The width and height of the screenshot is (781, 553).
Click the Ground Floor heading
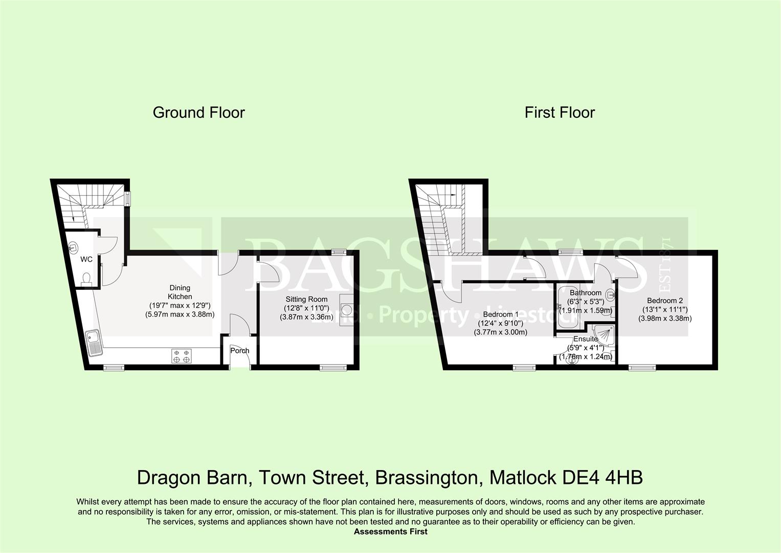[x=198, y=113]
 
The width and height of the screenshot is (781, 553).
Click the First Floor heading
[x=560, y=113]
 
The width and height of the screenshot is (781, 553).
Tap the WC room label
[x=86, y=260]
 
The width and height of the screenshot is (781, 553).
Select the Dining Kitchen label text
[x=180, y=292]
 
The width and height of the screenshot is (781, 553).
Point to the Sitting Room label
[x=306, y=300]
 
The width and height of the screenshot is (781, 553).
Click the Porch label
[x=239, y=351]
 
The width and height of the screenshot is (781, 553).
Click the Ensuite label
[x=585, y=339]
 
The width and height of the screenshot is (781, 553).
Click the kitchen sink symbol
[x=95, y=342]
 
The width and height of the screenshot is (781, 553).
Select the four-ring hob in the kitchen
[x=182, y=356]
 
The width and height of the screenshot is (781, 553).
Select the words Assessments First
[x=390, y=531]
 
